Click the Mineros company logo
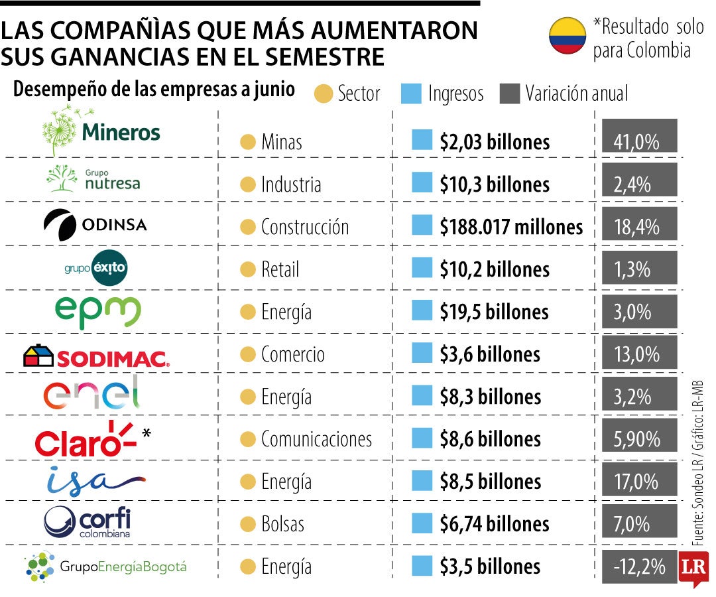101,131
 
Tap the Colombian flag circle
567,36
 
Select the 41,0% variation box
639,136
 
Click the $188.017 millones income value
511,227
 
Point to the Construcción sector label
304,227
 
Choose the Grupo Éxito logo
96,268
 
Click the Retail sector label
280,269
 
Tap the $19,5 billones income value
494,312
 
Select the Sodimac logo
96,356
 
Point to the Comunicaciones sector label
316,439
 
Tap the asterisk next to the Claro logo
146,432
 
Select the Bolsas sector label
282,524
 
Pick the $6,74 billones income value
495,524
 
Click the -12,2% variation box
639,567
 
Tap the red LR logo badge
693,568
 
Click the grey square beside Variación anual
510,94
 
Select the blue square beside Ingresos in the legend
411,94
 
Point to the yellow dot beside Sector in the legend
324,94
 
